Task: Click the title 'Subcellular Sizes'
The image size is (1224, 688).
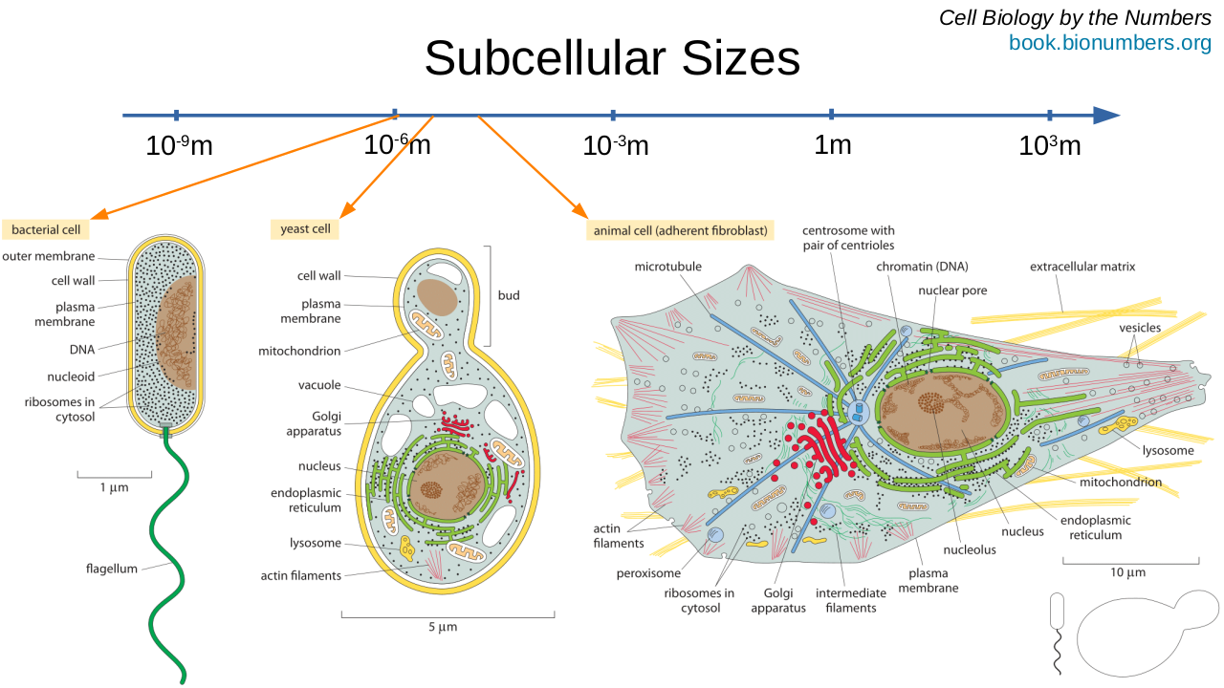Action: tap(612, 59)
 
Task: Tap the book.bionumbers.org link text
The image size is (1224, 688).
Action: tap(1109, 43)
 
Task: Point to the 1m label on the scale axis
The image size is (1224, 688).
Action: tap(832, 145)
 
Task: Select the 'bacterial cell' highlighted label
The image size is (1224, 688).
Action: tap(46, 229)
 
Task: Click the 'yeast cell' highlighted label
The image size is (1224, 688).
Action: tap(305, 228)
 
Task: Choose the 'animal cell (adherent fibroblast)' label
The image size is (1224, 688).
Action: tap(681, 230)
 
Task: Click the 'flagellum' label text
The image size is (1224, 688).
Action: tap(112, 569)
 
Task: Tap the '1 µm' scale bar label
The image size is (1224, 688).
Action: tap(114, 487)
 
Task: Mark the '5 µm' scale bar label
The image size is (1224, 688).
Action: tap(443, 627)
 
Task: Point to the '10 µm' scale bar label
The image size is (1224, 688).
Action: tap(1128, 572)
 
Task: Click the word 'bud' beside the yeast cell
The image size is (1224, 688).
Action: tap(509, 295)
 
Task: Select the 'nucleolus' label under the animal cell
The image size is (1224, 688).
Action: tap(970, 549)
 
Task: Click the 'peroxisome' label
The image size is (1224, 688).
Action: tap(648, 573)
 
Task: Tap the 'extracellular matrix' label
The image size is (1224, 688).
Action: tap(1082, 267)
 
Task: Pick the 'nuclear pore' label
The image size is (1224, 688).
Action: tap(952, 290)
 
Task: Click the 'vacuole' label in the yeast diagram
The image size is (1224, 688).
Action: tap(319, 385)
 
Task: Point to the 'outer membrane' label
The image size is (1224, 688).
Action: tap(49, 256)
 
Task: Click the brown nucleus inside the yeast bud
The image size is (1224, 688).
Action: tap(436, 297)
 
